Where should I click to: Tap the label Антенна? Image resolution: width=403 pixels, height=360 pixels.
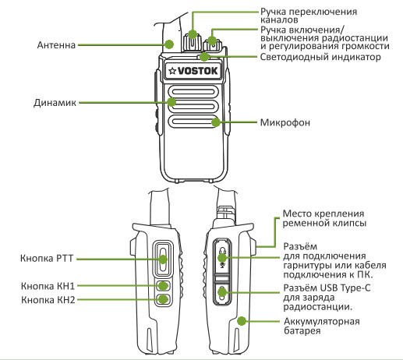pyautogui.click(x=55, y=46)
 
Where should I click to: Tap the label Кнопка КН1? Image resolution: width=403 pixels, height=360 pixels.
pyautogui.click(x=48, y=286)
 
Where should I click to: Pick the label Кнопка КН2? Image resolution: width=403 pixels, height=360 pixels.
pyautogui.click(x=48, y=299)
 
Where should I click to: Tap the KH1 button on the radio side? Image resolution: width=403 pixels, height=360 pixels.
pyautogui.click(x=163, y=286)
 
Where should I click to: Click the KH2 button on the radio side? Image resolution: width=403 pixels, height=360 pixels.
pyautogui.click(x=163, y=299)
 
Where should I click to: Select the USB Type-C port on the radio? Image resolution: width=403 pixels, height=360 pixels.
pyautogui.click(x=222, y=292)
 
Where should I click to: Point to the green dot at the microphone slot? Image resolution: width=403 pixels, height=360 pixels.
pyautogui.click(x=214, y=122)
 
